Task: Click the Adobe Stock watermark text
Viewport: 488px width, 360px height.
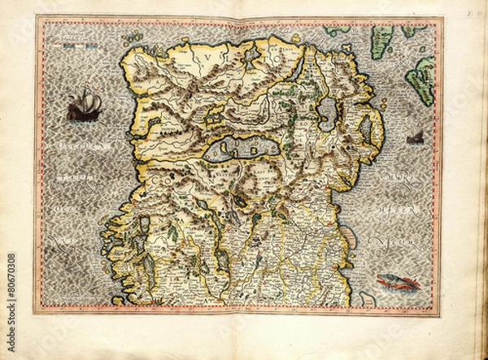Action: tap(11, 285)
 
